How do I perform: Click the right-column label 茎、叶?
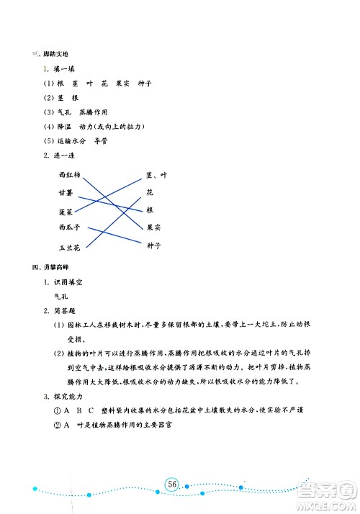156,175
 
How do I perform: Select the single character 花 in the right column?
150,193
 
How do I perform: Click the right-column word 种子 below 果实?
153,245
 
